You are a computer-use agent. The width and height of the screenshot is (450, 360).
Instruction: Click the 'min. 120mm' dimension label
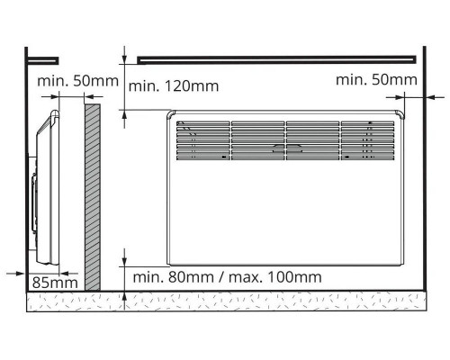[174, 86]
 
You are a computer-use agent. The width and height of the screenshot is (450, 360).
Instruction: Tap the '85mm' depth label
[55, 283]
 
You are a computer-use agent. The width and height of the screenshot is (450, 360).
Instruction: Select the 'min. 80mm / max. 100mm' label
[227, 277]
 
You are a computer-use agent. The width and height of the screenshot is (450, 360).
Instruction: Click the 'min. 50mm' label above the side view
[77, 81]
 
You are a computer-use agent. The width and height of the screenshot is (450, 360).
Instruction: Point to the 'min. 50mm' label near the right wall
[376, 80]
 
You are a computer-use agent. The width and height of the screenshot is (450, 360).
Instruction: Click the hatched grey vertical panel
[93, 197]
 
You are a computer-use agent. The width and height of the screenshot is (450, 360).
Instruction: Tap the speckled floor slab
[227, 301]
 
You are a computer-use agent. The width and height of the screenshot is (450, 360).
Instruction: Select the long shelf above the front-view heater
[276, 59]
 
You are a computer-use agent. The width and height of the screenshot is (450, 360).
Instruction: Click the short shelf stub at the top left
[42, 61]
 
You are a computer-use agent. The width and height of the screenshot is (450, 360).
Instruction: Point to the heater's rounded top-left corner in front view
[171, 114]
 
